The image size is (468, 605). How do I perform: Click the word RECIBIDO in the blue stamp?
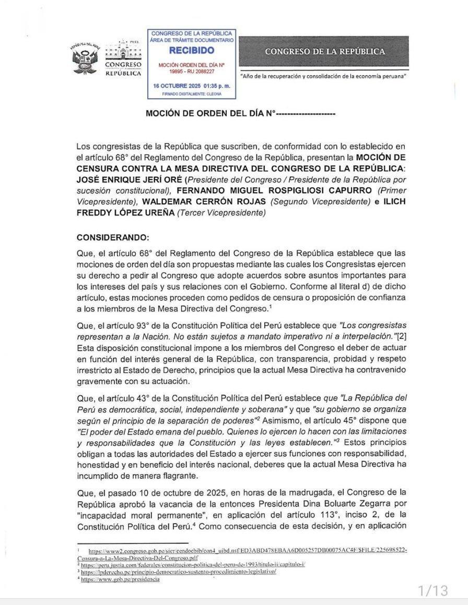(191, 51)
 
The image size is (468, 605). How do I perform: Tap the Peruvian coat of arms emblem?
(84, 58)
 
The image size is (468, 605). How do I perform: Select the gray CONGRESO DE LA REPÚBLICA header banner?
(324, 51)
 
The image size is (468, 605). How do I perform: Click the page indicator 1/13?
(433, 590)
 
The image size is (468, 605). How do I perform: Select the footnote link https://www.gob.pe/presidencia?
(120, 579)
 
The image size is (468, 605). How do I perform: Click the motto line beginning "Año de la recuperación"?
(323, 77)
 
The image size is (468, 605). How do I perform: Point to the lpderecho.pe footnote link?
(179, 572)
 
